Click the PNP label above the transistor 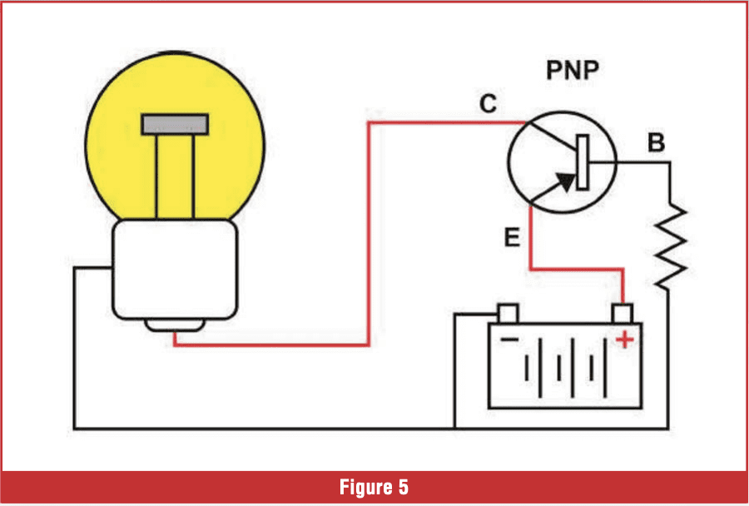click(573, 71)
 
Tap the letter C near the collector click(489, 104)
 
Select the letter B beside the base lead click(657, 142)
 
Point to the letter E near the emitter click(512, 237)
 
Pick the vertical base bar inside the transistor click(583, 162)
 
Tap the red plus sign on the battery click(624, 340)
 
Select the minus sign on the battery click(509, 340)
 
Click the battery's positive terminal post click(623, 313)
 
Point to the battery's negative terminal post click(508, 313)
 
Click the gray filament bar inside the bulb click(175, 124)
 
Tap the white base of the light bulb click(175, 269)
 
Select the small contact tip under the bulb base click(175, 325)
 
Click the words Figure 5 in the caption click(374, 488)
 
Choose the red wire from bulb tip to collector click(370, 234)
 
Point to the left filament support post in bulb click(156, 176)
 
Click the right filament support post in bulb click(193, 176)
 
